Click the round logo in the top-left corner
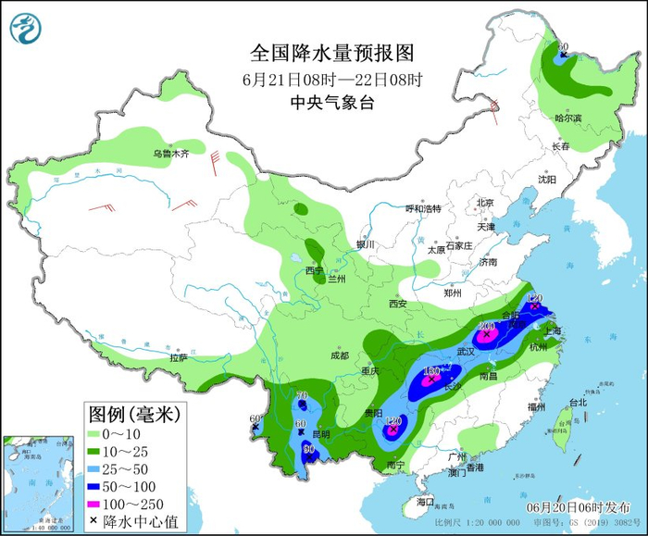(x=27, y=28)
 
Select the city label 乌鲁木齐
(x=170, y=154)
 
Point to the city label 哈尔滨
(x=567, y=118)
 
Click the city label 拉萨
(x=179, y=356)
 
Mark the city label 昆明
(x=321, y=434)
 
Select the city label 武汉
(x=466, y=352)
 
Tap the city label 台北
(x=578, y=403)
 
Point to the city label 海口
(x=425, y=501)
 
